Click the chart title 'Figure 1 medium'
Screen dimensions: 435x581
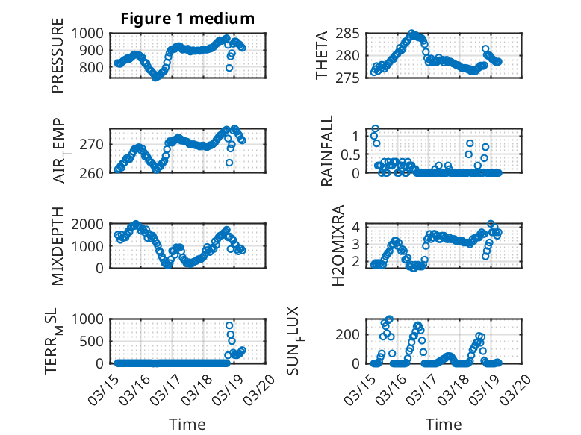[188, 19]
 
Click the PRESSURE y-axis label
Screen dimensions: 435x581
[58, 61]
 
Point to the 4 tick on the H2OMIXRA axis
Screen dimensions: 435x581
[357, 227]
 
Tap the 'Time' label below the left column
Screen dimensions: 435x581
[187, 424]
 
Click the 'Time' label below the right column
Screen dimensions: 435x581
[444, 424]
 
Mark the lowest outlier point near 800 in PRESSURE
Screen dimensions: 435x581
[229, 68]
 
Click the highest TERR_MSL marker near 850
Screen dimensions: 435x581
[229, 325]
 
